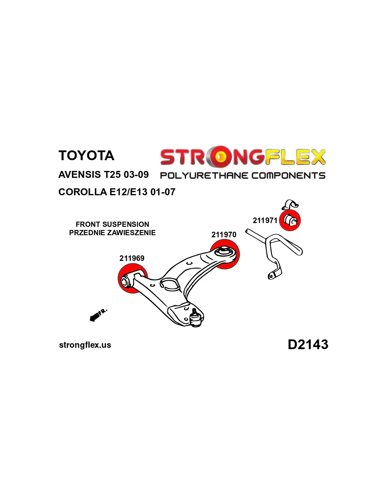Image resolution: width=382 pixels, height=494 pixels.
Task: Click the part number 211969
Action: (x=132, y=258)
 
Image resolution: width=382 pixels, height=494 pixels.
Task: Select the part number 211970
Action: (x=224, y=234)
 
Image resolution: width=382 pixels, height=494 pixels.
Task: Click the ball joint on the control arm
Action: (x=196, y=319)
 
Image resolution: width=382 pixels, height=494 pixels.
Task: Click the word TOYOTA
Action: (x=86, y=156)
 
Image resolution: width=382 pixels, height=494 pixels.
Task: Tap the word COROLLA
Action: (x=83, y=192)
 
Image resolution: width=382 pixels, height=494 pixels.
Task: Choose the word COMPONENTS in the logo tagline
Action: (x=289, y=176)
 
